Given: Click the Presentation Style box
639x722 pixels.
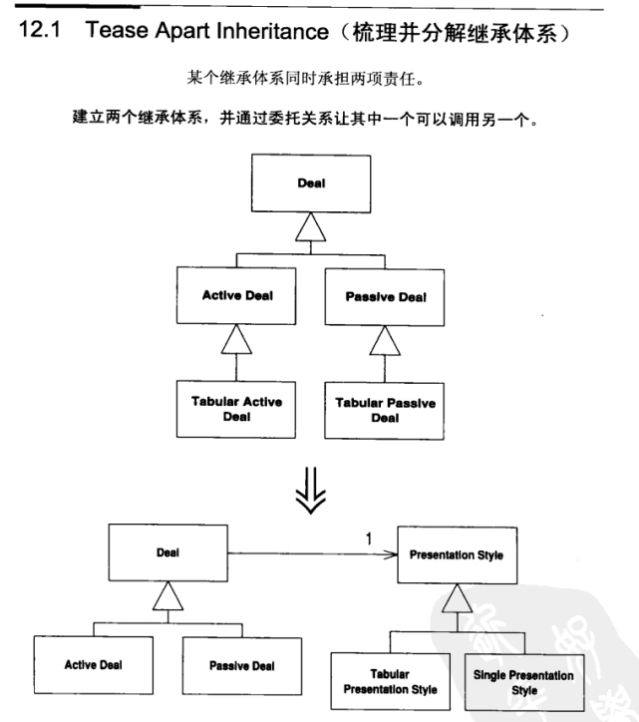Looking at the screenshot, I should click(x=456, y=553).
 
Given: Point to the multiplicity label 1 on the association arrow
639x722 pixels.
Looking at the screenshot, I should click(x=368, y=539).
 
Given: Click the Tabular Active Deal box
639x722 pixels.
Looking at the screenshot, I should click(x=236, y=409).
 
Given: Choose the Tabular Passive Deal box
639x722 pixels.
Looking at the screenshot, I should click(x=385, y=410).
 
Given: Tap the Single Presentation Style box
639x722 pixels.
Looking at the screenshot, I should click(x=523, y=681).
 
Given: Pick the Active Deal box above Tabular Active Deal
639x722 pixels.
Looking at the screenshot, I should click(x=237, y=296).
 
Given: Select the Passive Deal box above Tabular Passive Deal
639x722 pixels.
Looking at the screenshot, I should click(x=385, y=296).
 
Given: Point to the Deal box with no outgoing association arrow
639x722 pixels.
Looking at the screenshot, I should click(x=311, y=182).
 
